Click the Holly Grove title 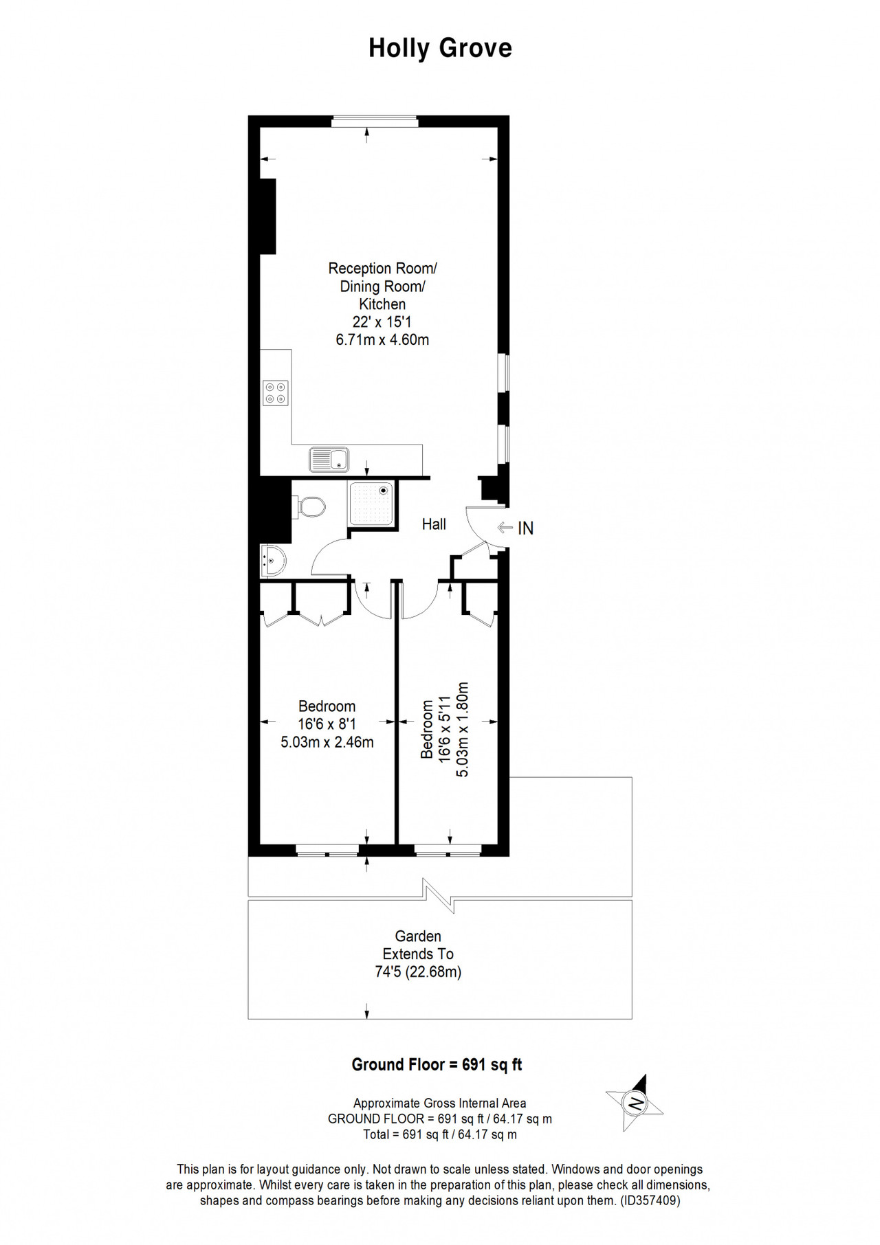coord(440,49)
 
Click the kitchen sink coord(329,460)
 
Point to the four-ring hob coord(276,393)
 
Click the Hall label coord(434,524)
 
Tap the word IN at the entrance coord(525,528)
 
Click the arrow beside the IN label coord(505,528)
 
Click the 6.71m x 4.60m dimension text coord(382,339)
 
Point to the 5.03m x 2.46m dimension coord(327,741)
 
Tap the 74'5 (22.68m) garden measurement coord(418,972)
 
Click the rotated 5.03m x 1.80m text coord(462,729)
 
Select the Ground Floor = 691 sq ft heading coord(437,1064)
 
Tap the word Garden coord(418,936)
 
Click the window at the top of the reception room coord(375,122)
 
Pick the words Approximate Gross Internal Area coord(440,1103)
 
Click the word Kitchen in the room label coord(382,304)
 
